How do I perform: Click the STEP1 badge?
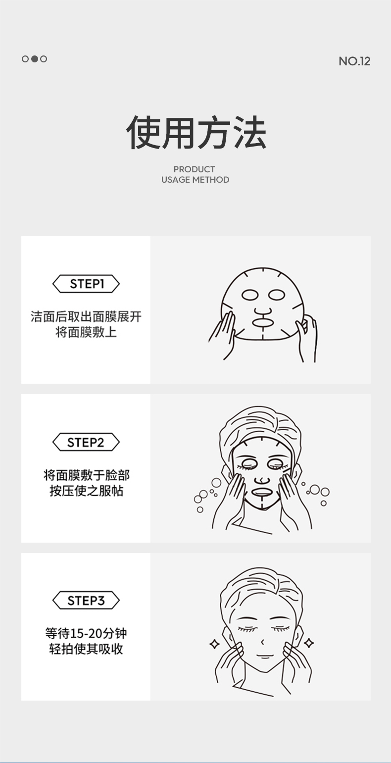86,284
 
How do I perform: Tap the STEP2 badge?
86,442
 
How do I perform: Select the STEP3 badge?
86,601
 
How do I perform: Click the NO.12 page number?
354,61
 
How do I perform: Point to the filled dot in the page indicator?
35,59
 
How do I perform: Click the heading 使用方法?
196,132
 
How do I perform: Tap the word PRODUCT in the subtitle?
194,169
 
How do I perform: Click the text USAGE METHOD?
195,180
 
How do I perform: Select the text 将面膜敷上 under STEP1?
86,332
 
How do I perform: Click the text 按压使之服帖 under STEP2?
86,491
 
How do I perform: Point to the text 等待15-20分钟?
86,633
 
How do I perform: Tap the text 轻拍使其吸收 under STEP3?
86,649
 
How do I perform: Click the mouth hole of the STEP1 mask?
262,322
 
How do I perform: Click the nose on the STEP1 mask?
263,311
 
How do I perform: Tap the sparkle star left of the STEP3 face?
215,644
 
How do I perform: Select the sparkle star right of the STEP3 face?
309,643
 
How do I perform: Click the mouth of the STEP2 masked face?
262,492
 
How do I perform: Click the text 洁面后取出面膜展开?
86,317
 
